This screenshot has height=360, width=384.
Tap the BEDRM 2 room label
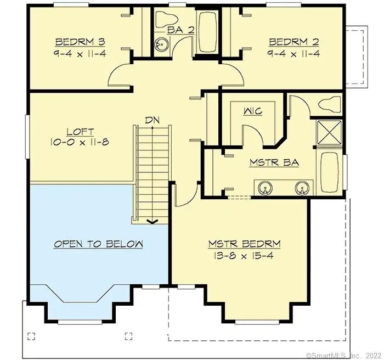point(293,42)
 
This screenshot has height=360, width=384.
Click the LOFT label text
point(80,132)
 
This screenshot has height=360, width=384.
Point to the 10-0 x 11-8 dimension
point(80,143)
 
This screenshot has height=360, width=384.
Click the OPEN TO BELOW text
point(98,244)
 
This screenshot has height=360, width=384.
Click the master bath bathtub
point(330,171)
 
